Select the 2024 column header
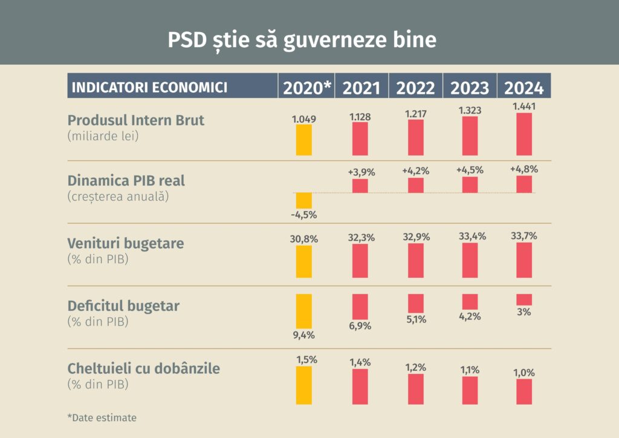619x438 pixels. (x=524, y=88)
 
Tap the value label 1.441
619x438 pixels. (x=524, y=106)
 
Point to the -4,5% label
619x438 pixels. (x=304, y=215)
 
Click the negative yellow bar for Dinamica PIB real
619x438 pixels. (x=304, y=201)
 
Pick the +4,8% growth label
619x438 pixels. (x=524, y=169)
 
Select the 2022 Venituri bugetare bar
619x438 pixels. (x=416, y=261)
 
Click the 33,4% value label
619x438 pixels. (x=470, y=236)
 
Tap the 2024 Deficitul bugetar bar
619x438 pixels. (x=524, y=299)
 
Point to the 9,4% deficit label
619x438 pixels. (x=304, y=335)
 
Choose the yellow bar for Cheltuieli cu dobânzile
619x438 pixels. (x=304, y=385)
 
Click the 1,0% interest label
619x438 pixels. (x=524, y=372)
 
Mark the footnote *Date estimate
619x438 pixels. (x=102, y=417)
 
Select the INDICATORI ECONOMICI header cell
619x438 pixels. (x=150, y=87)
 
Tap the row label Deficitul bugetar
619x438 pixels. (x=123, y=306)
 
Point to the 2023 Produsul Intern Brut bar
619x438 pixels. (x=470, y=136)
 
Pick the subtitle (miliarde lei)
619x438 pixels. (x=103, y=136)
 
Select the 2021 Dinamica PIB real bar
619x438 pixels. (x=360, y=186)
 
